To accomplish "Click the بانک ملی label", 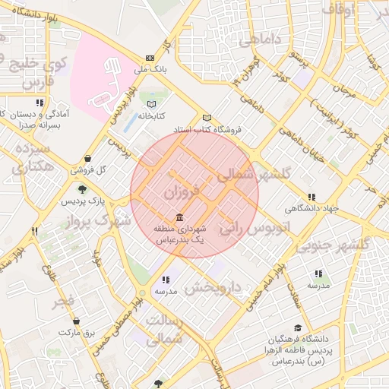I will click(150, 70).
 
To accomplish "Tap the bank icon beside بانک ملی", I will click(150, 58).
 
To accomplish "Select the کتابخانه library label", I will click(151, 116).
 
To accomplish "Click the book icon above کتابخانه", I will click(151, 104).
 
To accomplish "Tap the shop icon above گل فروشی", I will click(88, 159).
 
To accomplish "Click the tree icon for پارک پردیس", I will click(81, 189).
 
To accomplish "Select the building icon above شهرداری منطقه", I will click(179, 217).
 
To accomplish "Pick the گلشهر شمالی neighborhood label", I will click(255, 175).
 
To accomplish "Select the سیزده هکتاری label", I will click(33, 157).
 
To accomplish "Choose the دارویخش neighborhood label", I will click(213, 288).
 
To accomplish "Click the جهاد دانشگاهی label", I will click(311, 208).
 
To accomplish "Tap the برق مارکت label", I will click(76, 333).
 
